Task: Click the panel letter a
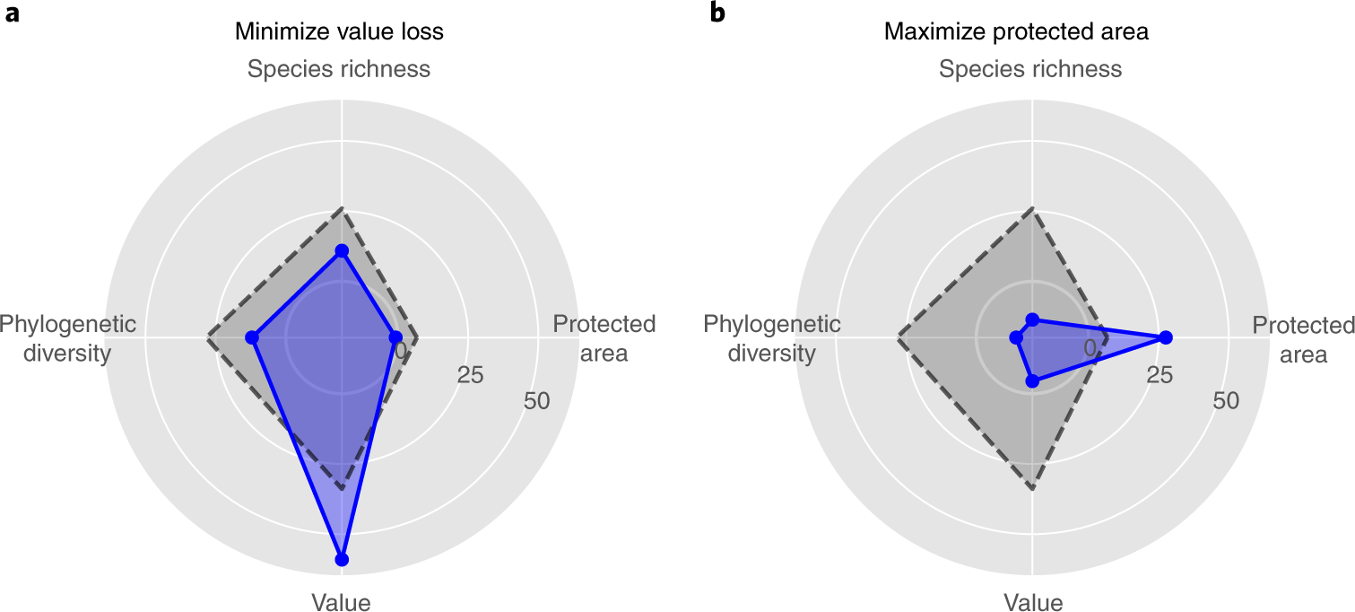(x=12, y=15)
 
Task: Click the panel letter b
(x=717, y=14)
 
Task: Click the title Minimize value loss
(x=339, y=32)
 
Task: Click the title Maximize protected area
(x=1016, y=32)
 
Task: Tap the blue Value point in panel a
(x=341, y=559)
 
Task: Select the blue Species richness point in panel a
(x=341, y=251)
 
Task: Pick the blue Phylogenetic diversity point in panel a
(x=253, y=338)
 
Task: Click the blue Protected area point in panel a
(x=395, y=337)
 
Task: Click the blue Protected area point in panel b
(x=1165, y=337)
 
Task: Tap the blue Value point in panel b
(x=1032, y=381)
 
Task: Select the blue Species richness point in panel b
(x=1032, y=319)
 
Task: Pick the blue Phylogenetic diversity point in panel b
(x=1015, y=338)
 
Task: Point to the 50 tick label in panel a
(x=537, y=401)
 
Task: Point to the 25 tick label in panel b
(x=1160, y=375)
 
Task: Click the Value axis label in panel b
(x=1033, y=602)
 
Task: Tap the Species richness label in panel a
(x=339, y=69)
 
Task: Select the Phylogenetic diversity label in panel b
(x=771, y=338)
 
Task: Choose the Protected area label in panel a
(x=604, y=338)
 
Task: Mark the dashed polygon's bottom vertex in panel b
(x=1033, y=490)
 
